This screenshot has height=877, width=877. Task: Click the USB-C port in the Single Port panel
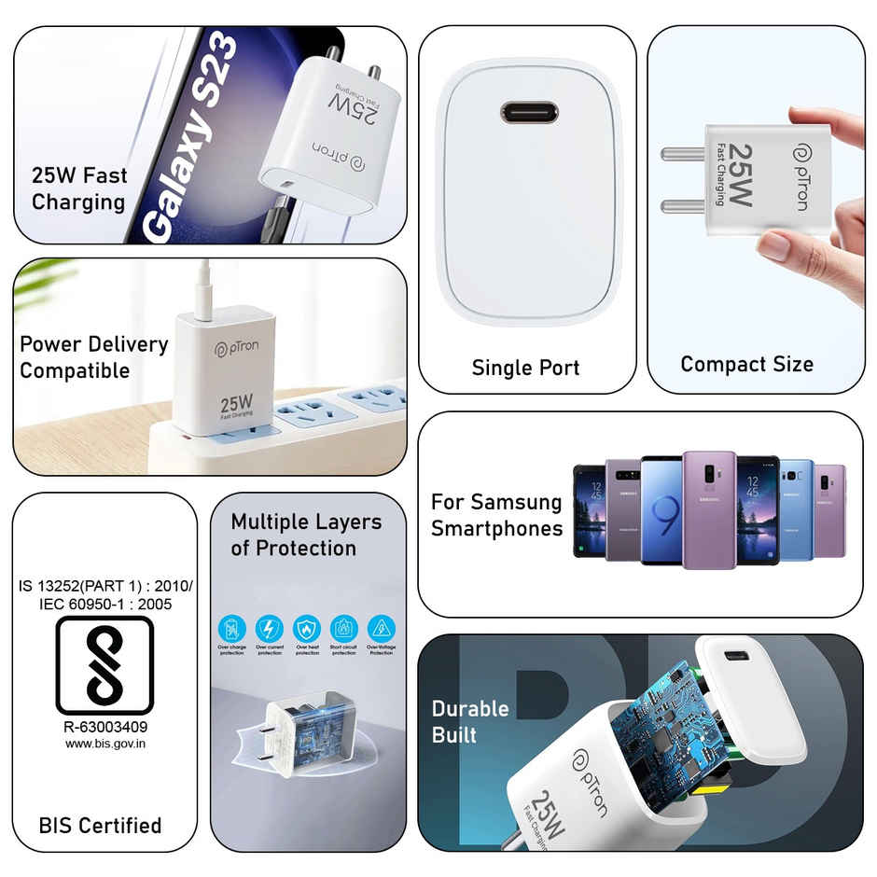[529, 113]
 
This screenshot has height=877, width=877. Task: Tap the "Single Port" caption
[525, 368]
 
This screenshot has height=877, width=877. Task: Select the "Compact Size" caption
[746, 364]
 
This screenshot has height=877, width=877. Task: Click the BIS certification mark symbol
[104, 665]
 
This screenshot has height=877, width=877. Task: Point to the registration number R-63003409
[105, 726]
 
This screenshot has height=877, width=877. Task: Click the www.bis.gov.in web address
[105, 744]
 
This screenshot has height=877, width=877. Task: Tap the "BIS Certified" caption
[100, 825]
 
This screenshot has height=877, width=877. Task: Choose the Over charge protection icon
[232, 627]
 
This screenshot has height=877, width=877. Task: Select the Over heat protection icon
[307, 627]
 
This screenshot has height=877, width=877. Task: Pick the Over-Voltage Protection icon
[381, 627]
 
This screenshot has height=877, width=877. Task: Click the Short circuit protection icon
[344, 627]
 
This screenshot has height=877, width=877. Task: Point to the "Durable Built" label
[470, 721]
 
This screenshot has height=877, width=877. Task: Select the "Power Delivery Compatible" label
[93, 357]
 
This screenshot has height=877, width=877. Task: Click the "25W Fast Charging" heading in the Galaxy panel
[79, 188]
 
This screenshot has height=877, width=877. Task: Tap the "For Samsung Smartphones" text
[496, 515]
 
